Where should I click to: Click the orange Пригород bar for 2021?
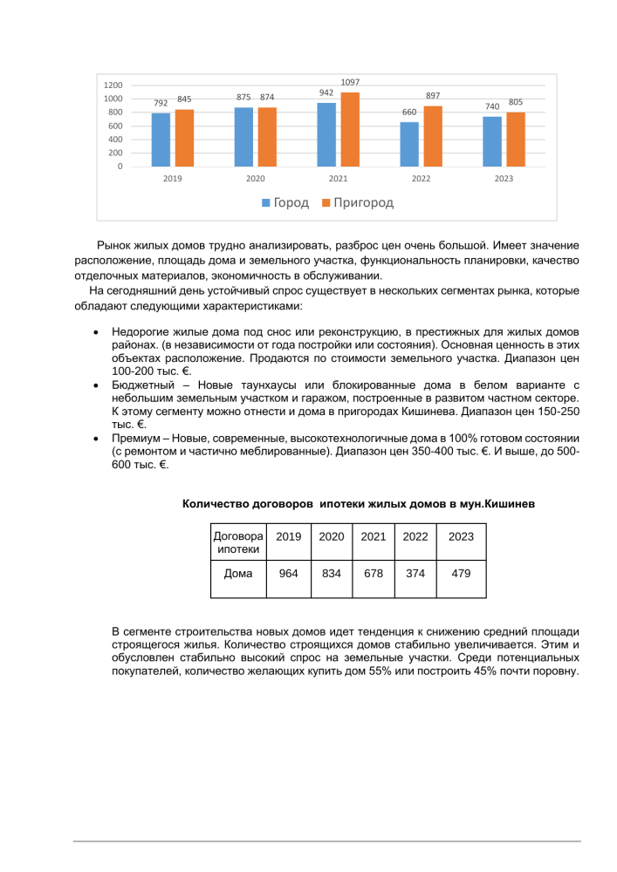click(x=350, y=129)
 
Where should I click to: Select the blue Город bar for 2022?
click(x=409, y=144)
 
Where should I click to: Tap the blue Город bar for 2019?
click(x=161, y=140)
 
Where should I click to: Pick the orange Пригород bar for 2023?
click(x=516, y=139)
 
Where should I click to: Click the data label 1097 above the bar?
click(x=350, y=82)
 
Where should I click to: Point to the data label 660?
click(x=409, y=112)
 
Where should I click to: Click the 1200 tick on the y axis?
click(x=113, y=85)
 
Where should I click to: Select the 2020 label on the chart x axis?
click(x=255, y=178)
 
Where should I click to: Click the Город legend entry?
click(x=285, y=203)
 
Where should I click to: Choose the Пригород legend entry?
click(x=358, y=203)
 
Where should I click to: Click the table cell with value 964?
click(x=288, y=574)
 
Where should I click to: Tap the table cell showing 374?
click(x=415, y=574)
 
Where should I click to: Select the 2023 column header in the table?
click(x=461, y=537)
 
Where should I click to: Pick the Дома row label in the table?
click(x=238, y=574)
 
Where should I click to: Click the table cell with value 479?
click(x=461, y=574)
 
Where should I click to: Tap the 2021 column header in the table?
click(x=374, y=537)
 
